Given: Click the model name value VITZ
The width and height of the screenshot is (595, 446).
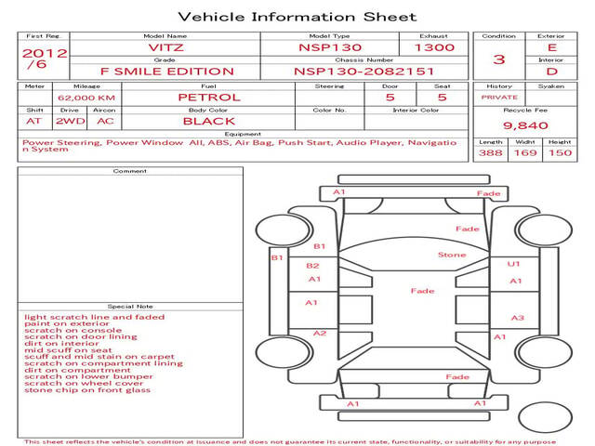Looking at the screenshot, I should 165,46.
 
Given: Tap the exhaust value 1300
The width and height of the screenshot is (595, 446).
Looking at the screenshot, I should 434,46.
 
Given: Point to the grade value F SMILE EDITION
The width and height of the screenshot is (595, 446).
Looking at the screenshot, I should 166,71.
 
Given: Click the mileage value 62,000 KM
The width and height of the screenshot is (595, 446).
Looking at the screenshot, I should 86,98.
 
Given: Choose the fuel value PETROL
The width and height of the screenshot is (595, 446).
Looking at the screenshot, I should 209,97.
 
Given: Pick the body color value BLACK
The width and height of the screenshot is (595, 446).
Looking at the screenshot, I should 208,121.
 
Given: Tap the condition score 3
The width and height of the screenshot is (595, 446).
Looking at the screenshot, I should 499,59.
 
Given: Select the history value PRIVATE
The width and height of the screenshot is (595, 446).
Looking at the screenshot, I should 499,97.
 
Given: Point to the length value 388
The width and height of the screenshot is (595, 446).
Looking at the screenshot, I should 490,152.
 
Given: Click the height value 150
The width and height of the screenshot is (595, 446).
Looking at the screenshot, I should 560,152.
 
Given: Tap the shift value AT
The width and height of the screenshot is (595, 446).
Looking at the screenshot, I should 34,121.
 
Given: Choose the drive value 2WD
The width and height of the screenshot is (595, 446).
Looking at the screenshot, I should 66,121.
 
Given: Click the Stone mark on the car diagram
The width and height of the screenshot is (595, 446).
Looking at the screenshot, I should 452,255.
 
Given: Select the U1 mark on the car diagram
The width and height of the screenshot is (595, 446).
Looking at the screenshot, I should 514,264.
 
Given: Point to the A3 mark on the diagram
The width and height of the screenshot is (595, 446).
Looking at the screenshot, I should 518,318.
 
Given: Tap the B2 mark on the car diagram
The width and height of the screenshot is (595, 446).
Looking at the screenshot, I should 313,266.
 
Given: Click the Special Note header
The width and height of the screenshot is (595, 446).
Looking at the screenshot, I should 130,306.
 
